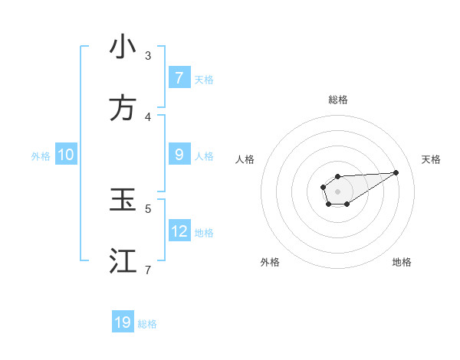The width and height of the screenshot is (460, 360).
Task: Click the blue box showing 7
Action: click(x=179, y=78)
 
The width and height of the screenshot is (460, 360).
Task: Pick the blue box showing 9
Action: click(x=179, y=155)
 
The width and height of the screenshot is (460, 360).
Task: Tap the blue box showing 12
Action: click(x=179, y=231)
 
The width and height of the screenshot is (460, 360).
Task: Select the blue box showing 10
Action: click(x=66, y=155)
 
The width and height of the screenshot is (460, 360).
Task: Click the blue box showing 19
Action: click(x=123, y=322)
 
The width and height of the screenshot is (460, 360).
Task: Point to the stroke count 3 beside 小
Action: click(x=148, y=56)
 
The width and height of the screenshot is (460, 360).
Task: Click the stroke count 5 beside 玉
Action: click(x=148, y=208)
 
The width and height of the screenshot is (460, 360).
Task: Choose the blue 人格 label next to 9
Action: click(x=204, y=156)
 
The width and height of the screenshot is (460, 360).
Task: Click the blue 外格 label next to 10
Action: click(x=41, y=156)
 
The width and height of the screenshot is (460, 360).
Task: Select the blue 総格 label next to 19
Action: click(x=147, y=324)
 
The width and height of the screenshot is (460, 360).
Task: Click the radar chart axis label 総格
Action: click(x=338, y=100)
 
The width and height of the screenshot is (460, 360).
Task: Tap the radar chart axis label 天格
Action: click(x=431, y=159)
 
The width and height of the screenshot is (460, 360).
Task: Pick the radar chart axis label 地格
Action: click(x=402, y=262)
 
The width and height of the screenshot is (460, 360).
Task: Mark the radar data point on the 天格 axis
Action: click(x=396, y=172)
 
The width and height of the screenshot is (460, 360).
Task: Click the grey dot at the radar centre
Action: click(x=338, y=191)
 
